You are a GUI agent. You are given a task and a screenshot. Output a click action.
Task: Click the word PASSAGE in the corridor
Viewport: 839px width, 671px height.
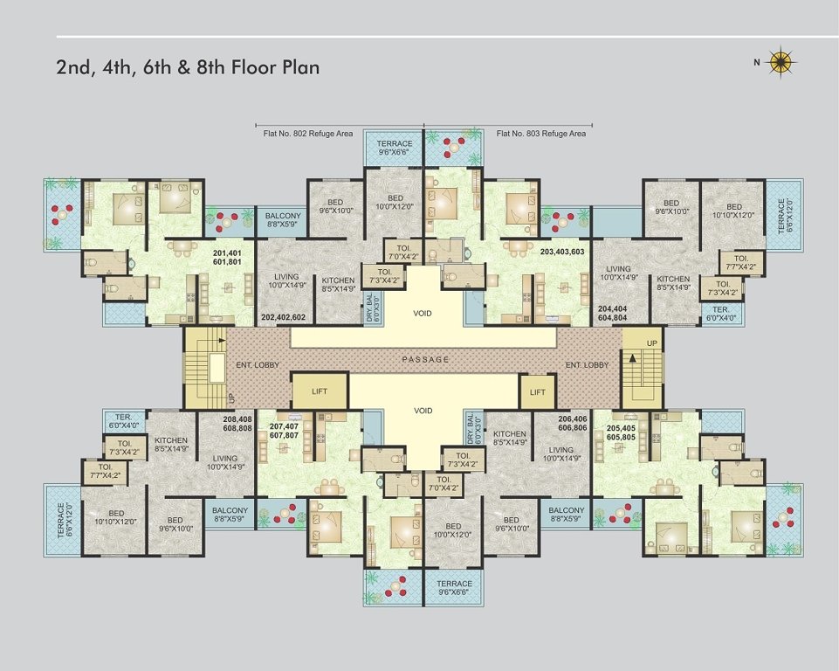pyautogui.click(x=427, y=359)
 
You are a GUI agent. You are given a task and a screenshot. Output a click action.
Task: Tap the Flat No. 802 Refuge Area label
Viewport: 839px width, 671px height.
pyautogui.click(x=307, y=134)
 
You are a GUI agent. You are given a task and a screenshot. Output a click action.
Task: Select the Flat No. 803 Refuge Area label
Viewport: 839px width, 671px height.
pyautogui.click(x=541, y=134)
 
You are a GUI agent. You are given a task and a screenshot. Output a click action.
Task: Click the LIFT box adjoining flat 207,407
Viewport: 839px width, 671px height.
pyautogui.click(x=320, y=391)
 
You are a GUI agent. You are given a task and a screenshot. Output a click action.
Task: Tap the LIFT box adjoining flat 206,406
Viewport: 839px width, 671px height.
pyautogui.click(x=538, y=392)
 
